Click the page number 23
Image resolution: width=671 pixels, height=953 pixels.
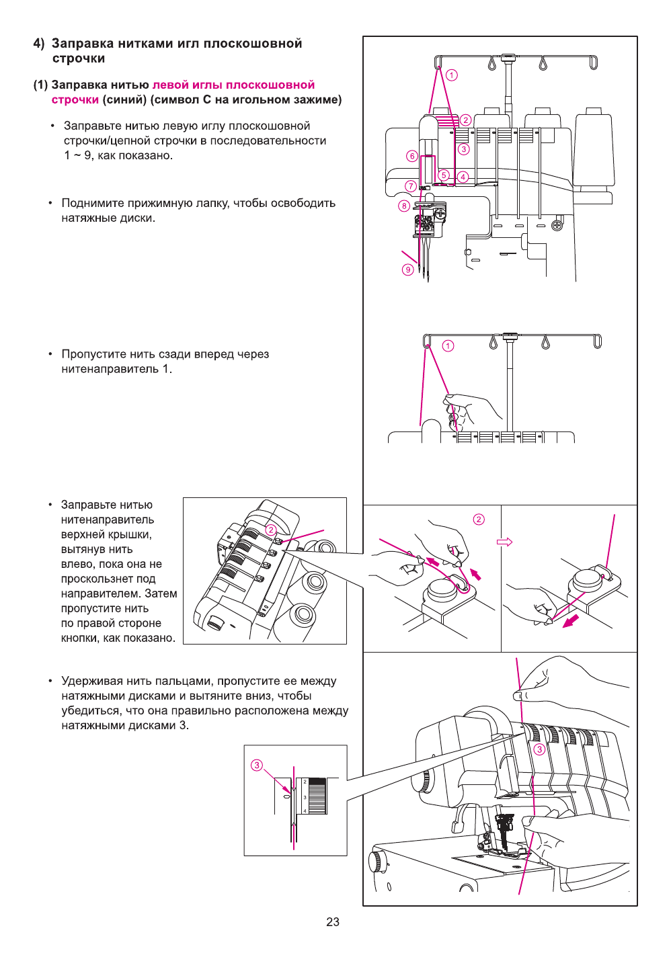click(333, 922)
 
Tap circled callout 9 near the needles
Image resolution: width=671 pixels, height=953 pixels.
click(407, 270)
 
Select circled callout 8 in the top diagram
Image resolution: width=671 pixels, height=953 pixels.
click(404, 206)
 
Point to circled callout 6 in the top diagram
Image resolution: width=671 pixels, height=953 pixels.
click(412, 156)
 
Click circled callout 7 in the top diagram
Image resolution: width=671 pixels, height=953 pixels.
click(411, 186)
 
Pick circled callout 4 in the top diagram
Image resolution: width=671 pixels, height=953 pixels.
click(463, 177)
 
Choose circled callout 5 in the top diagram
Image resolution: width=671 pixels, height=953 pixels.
click(444, 175)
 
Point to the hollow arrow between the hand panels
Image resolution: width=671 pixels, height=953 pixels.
click(504, 542)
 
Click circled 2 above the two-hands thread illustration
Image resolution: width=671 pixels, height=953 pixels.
click(479, 519)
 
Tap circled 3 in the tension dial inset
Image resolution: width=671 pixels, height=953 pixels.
click(257, 765)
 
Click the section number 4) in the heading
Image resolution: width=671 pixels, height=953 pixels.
click(39, 44)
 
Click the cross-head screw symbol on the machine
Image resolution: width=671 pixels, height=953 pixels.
click(557, 225)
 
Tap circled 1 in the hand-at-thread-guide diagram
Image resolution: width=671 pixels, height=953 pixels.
click(448, 345)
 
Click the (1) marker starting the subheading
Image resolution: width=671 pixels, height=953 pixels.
click(40, 85)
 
